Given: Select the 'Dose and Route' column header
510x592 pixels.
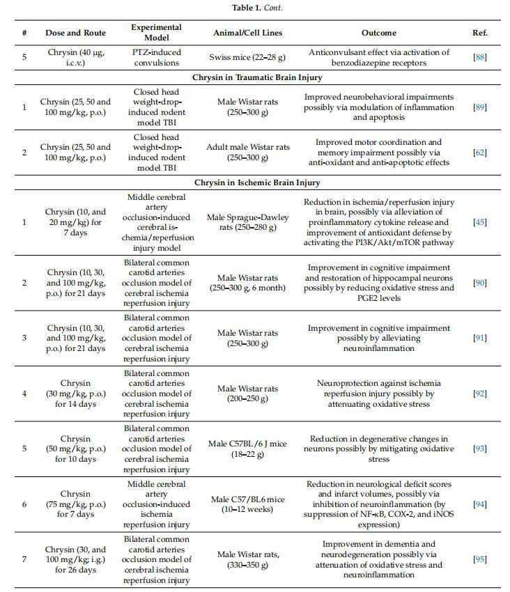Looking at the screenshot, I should (75, 33).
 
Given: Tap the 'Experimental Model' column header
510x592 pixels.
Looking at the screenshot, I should (156, 32).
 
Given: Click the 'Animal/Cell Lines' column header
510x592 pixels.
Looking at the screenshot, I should (242, 33).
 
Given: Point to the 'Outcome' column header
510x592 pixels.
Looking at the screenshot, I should (379, 33).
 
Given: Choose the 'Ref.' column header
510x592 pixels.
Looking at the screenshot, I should (480, 33).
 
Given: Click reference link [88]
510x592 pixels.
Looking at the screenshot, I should (480, 57).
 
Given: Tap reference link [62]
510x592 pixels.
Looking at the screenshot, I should (480, 153).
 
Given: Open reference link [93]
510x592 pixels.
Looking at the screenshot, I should (480, 449).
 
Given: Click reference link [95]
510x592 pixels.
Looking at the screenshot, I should (480, 560).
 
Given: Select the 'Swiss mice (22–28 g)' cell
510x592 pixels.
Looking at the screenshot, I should (242, 57).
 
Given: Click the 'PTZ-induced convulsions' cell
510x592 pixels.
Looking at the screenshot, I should (156, 57).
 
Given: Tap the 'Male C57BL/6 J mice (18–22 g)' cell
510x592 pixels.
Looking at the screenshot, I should (242, 449).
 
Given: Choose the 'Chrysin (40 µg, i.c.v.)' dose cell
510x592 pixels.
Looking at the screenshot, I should (75, 57).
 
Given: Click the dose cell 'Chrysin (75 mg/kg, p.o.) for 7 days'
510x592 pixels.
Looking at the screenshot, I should (75, 504).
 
